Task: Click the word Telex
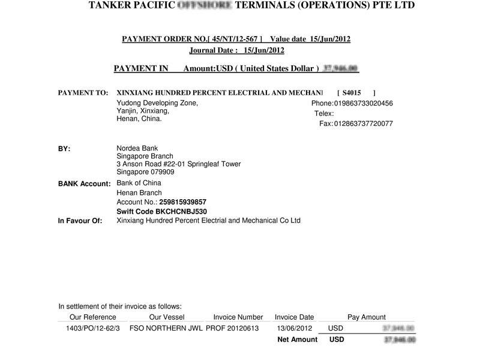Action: click(323, 113)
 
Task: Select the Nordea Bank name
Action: click(137, 149)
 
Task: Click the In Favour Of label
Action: click(80, 221)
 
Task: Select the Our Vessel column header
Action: click(167, 317)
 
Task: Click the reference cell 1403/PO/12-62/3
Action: click(92, 328)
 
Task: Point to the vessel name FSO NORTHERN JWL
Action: click(166, 328)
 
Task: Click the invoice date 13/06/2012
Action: click(294, 328)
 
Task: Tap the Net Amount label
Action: click(297, 340)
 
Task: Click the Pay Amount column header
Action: click(367, 317)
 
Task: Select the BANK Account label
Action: click(84, 184)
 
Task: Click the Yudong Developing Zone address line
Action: click(157, 103)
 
